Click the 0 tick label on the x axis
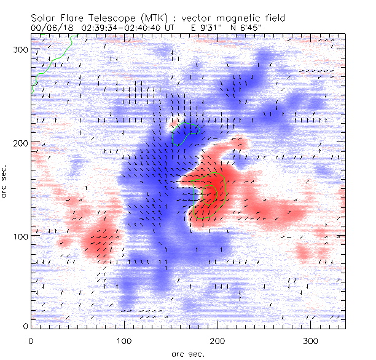[x=31, y=340]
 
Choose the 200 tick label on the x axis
[x=217, y=340]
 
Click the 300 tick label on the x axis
[x=311, y=340]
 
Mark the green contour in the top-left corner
[x=52, y=60]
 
